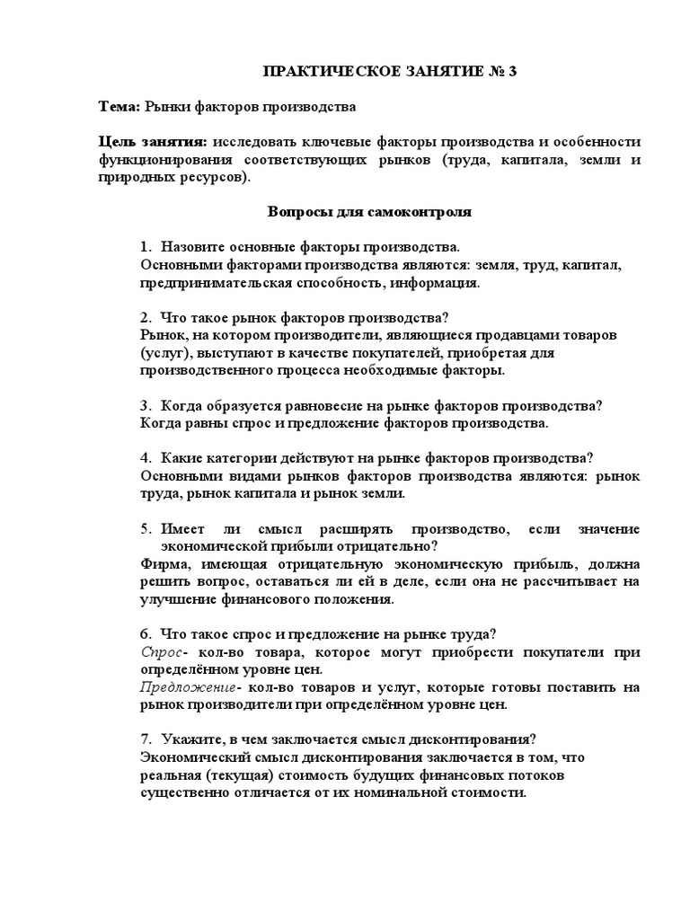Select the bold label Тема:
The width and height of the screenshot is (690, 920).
119,107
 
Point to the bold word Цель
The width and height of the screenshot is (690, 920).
117,143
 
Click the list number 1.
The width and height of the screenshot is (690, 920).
145,246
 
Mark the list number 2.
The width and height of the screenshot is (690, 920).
145,317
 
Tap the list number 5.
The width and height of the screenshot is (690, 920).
145,528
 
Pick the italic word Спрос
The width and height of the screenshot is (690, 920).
161,651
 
